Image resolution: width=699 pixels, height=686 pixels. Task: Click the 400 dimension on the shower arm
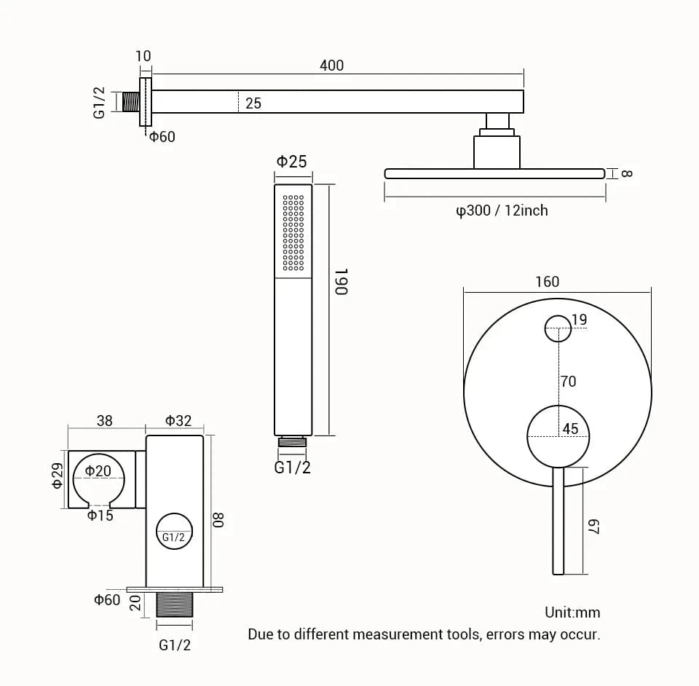(331, 66)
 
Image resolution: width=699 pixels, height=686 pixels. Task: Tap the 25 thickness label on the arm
(253, 103)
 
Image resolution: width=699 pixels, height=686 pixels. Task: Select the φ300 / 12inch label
(502, 210)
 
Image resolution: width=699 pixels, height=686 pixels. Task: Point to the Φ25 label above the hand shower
(291, 162)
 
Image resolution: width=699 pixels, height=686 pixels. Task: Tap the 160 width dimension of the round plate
(547, 282)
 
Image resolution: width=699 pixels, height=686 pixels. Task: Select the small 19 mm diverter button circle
(558, 328)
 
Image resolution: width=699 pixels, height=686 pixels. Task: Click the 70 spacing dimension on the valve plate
(568, 381)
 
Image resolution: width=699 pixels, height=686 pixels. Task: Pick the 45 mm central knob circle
(558, 436)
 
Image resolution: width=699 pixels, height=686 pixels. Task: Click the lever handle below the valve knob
(558, 521)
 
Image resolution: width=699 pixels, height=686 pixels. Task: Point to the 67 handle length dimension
(593, 527)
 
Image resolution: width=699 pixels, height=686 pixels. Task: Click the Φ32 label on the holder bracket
(178, 421)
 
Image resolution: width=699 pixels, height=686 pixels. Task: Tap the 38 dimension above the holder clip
(105, 421)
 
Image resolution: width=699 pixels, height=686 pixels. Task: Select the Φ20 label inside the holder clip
(98, 471)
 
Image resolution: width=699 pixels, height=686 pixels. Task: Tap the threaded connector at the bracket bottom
(174, 604)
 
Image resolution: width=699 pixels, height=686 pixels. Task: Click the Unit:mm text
(572, 612)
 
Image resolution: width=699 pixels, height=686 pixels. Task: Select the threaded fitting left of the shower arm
(130, 102)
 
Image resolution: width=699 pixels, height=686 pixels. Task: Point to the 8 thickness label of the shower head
(627, 173)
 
